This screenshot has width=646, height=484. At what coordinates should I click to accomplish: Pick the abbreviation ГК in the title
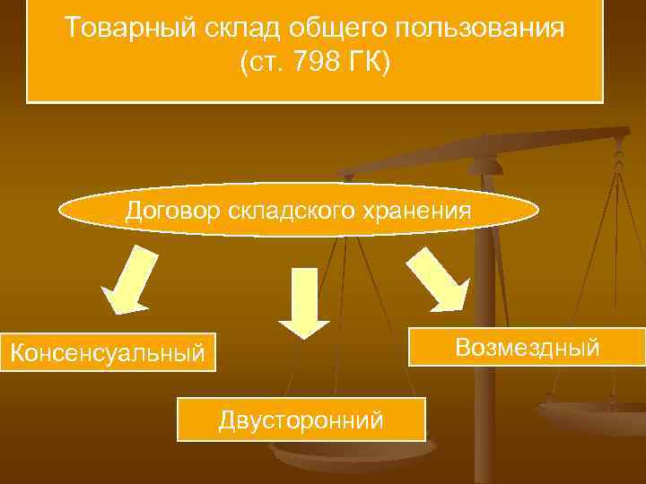coord(369,65)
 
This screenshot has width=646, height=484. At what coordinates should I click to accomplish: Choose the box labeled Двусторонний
coord(301,419)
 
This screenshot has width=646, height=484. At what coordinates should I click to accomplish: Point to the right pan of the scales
coord(592,417)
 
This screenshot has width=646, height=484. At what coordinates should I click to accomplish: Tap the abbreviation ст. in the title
coord(266,65)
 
